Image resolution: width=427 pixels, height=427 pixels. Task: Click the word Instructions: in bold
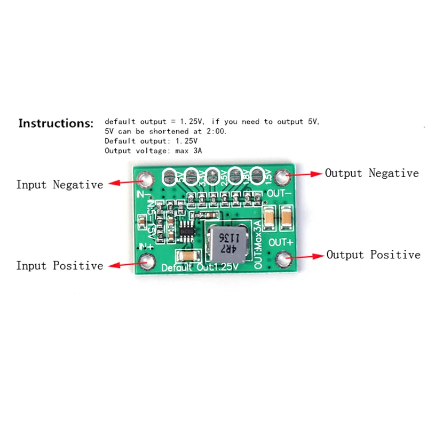click(56, 123)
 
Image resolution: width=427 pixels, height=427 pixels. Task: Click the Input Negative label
click(59, 185)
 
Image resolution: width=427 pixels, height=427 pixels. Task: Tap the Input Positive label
click(59, 265)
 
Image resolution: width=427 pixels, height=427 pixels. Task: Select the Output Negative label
click(372, 173)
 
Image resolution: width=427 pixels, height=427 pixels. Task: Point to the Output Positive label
click(373, 255)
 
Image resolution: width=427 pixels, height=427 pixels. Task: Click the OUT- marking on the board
click(279, 192)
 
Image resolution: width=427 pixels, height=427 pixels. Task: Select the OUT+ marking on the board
click(280, 243)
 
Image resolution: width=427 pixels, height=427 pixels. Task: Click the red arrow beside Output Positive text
click(307, 256)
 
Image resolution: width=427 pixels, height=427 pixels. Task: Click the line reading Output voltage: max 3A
click(153, 151)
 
